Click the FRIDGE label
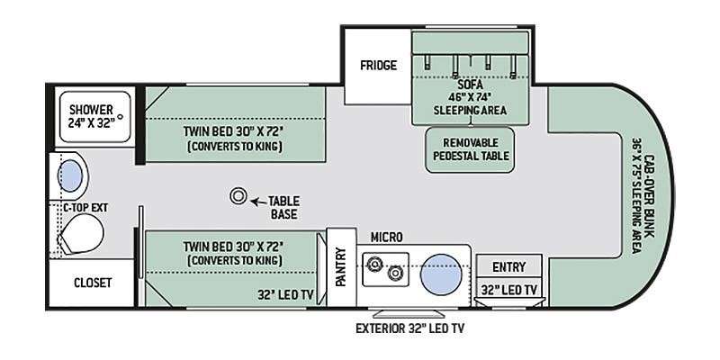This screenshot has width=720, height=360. (378, 65)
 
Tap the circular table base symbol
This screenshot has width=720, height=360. (238, 196)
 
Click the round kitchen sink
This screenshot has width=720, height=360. (441, 272)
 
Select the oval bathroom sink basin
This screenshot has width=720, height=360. (70, 176)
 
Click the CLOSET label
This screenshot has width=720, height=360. (93, 283)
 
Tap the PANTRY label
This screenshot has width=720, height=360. (340, 266)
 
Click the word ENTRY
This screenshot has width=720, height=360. (508, 266)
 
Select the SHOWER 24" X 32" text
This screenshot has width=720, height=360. (92, 116)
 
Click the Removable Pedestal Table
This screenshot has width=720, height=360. (470, 149)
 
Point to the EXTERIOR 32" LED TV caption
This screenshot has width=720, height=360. (410, 328)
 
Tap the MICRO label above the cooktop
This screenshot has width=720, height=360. (387, 237)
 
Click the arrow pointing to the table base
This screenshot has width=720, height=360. (258, 201)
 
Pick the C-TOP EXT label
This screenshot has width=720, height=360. (85, 208)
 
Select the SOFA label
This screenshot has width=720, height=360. (469, 85)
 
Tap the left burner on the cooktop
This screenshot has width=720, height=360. (374, 263)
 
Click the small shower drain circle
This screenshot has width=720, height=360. (121, 117)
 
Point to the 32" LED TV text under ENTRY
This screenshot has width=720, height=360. (508, 290)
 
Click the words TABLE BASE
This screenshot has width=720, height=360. (283, 208)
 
